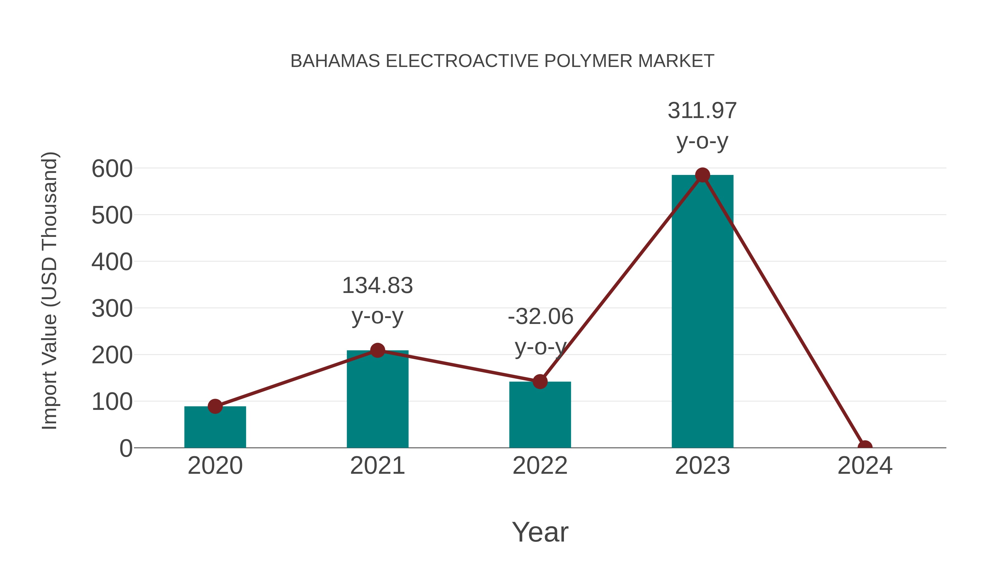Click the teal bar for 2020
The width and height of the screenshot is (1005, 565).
click(x=215, y=428)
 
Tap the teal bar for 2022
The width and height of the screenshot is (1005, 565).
click(x=540, y=415)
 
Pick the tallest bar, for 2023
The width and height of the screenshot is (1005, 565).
click(x=702, y=312)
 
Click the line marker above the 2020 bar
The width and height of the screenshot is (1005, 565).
click(x=215, y=406)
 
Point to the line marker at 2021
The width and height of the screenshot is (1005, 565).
click(x=377, y=350)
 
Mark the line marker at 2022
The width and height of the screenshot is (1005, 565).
click(x=540, y=381)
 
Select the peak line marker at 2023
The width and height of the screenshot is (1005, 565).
click(x=702, y=175)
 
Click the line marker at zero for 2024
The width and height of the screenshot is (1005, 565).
click(x=865, y=447)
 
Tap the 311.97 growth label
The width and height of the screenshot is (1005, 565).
click(x=702, y=111)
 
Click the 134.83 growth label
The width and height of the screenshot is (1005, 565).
click(x=377, y=285)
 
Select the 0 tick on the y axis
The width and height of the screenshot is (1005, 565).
click(x=126, y=448)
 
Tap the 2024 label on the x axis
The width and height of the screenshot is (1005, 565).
click(x=865, y=466)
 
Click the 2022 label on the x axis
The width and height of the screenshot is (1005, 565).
click(x=540, y=466)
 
